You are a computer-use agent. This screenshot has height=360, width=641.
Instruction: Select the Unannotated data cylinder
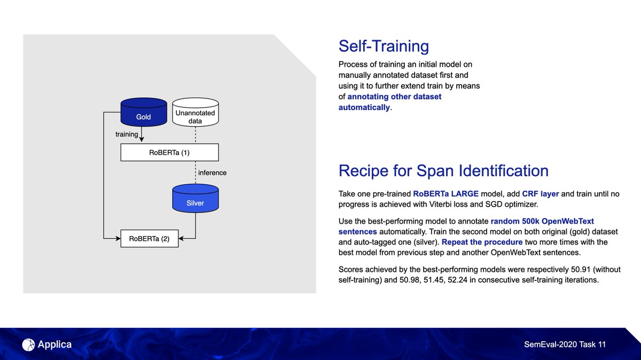click(x=196, y=113)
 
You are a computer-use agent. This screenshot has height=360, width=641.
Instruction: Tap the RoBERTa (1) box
click(x=170, y=153)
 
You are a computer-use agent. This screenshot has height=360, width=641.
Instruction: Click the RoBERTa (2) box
click(x=149, y=239)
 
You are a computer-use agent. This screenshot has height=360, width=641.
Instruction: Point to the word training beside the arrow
click(x=127, y=134)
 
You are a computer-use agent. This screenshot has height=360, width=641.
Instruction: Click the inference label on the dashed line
click(x=212, y=173)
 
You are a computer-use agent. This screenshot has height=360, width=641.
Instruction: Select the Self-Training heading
click(x=384, y=46)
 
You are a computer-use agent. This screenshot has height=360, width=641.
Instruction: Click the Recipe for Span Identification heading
click(x=443, y=170)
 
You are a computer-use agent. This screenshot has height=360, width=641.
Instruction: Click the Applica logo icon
click(x=28, y=345)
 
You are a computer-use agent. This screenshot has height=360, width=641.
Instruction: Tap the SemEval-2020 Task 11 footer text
click(x=565, y=345)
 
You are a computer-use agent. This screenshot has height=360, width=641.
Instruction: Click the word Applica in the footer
click(x=54, y=345)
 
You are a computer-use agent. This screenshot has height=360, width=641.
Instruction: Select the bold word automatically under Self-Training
click(x=364, y=107)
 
